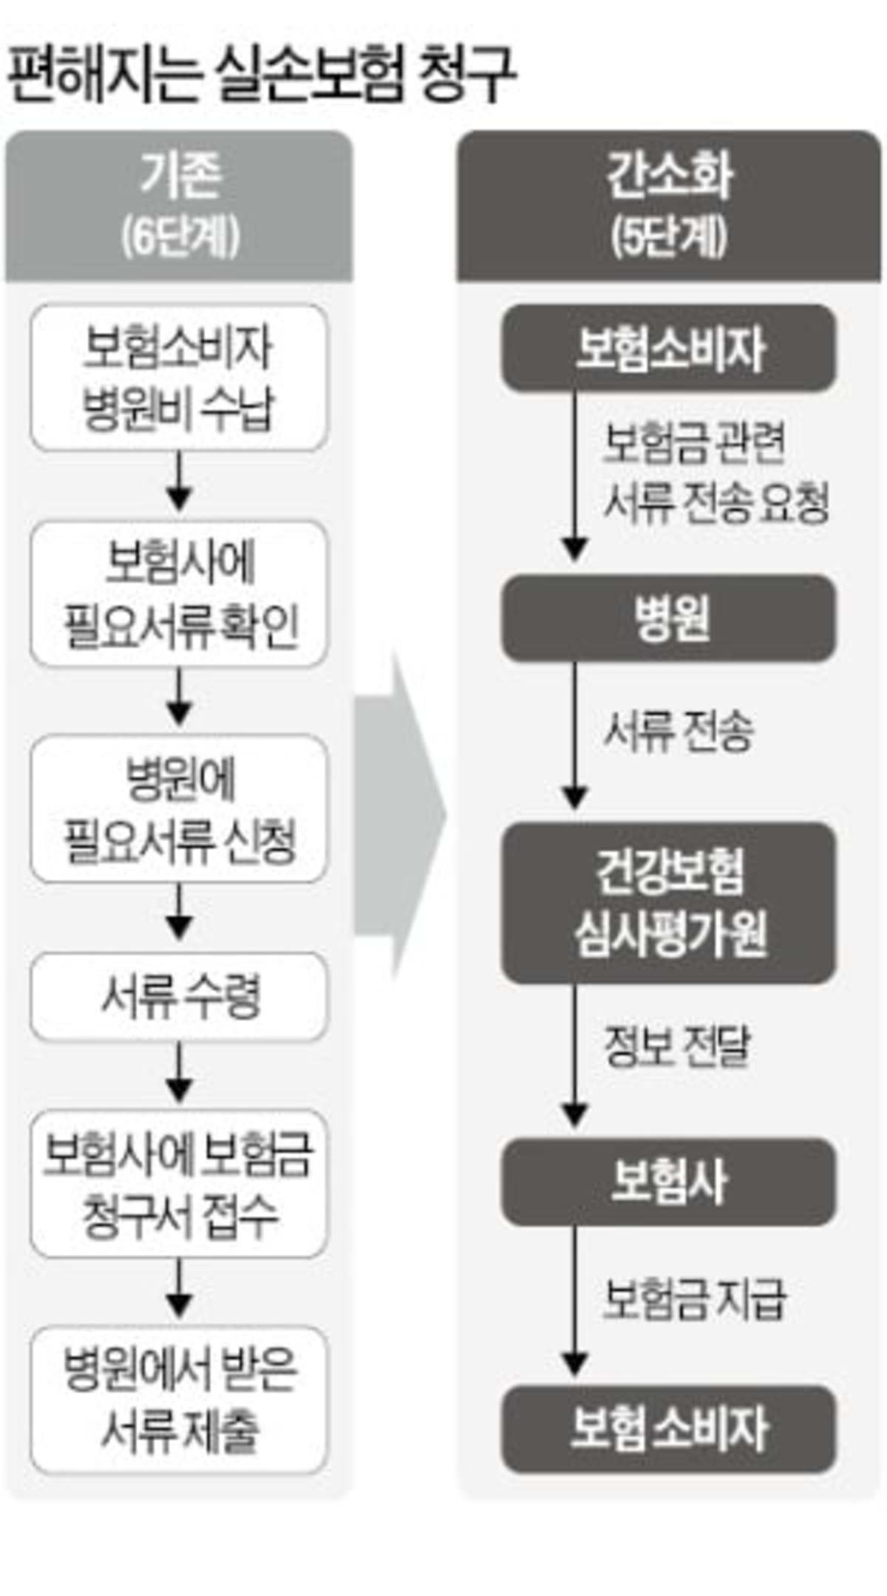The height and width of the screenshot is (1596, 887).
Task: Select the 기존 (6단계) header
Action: tap(180, 207)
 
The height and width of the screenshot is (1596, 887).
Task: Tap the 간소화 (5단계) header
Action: tap(669, 207)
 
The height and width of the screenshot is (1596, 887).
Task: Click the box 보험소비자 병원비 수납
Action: tap(179, 378)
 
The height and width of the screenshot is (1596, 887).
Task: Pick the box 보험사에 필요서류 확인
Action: tap(179, 594)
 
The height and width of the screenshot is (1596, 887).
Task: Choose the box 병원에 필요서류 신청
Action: tap(179, 809)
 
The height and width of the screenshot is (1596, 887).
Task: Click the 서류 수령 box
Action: tap(179, 997)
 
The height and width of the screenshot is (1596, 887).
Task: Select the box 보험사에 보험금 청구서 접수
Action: tap(179, 1184)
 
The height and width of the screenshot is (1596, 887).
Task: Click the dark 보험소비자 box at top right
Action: tap(669, 348)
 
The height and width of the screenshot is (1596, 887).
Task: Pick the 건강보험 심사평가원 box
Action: tap(669, 903)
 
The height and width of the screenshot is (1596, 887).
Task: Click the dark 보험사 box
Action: tap(669, 1181)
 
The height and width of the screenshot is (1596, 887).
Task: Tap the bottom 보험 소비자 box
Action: tap(669, 1429)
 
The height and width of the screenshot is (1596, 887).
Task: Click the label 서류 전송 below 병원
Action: tap(679, 731)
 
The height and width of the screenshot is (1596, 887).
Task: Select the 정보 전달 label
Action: tap(677, 1046)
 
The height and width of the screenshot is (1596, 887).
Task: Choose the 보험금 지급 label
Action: tap(693, 1298)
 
